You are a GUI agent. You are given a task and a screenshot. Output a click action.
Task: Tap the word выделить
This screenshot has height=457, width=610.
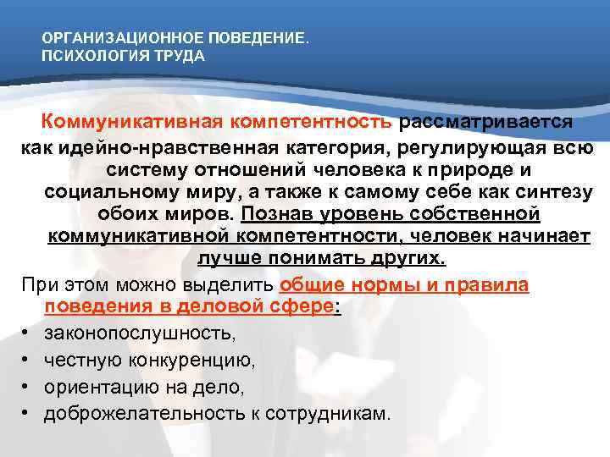[233, 284]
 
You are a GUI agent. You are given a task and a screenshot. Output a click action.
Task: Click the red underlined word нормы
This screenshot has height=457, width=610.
[370, 284]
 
